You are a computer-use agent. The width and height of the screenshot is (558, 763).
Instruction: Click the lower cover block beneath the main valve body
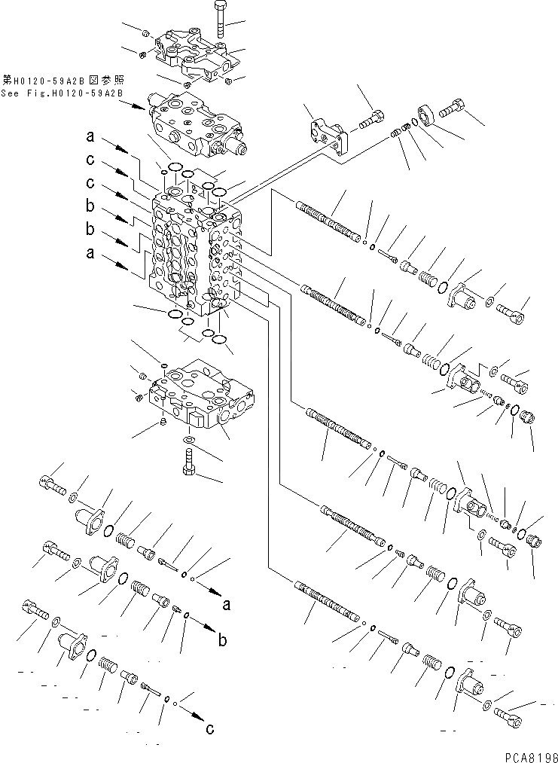(x=203, y=395)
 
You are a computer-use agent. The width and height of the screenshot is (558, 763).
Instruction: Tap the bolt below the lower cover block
(x=189, y=461)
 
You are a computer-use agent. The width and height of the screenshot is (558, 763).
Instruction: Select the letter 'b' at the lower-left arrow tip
(x=222, y=641)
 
